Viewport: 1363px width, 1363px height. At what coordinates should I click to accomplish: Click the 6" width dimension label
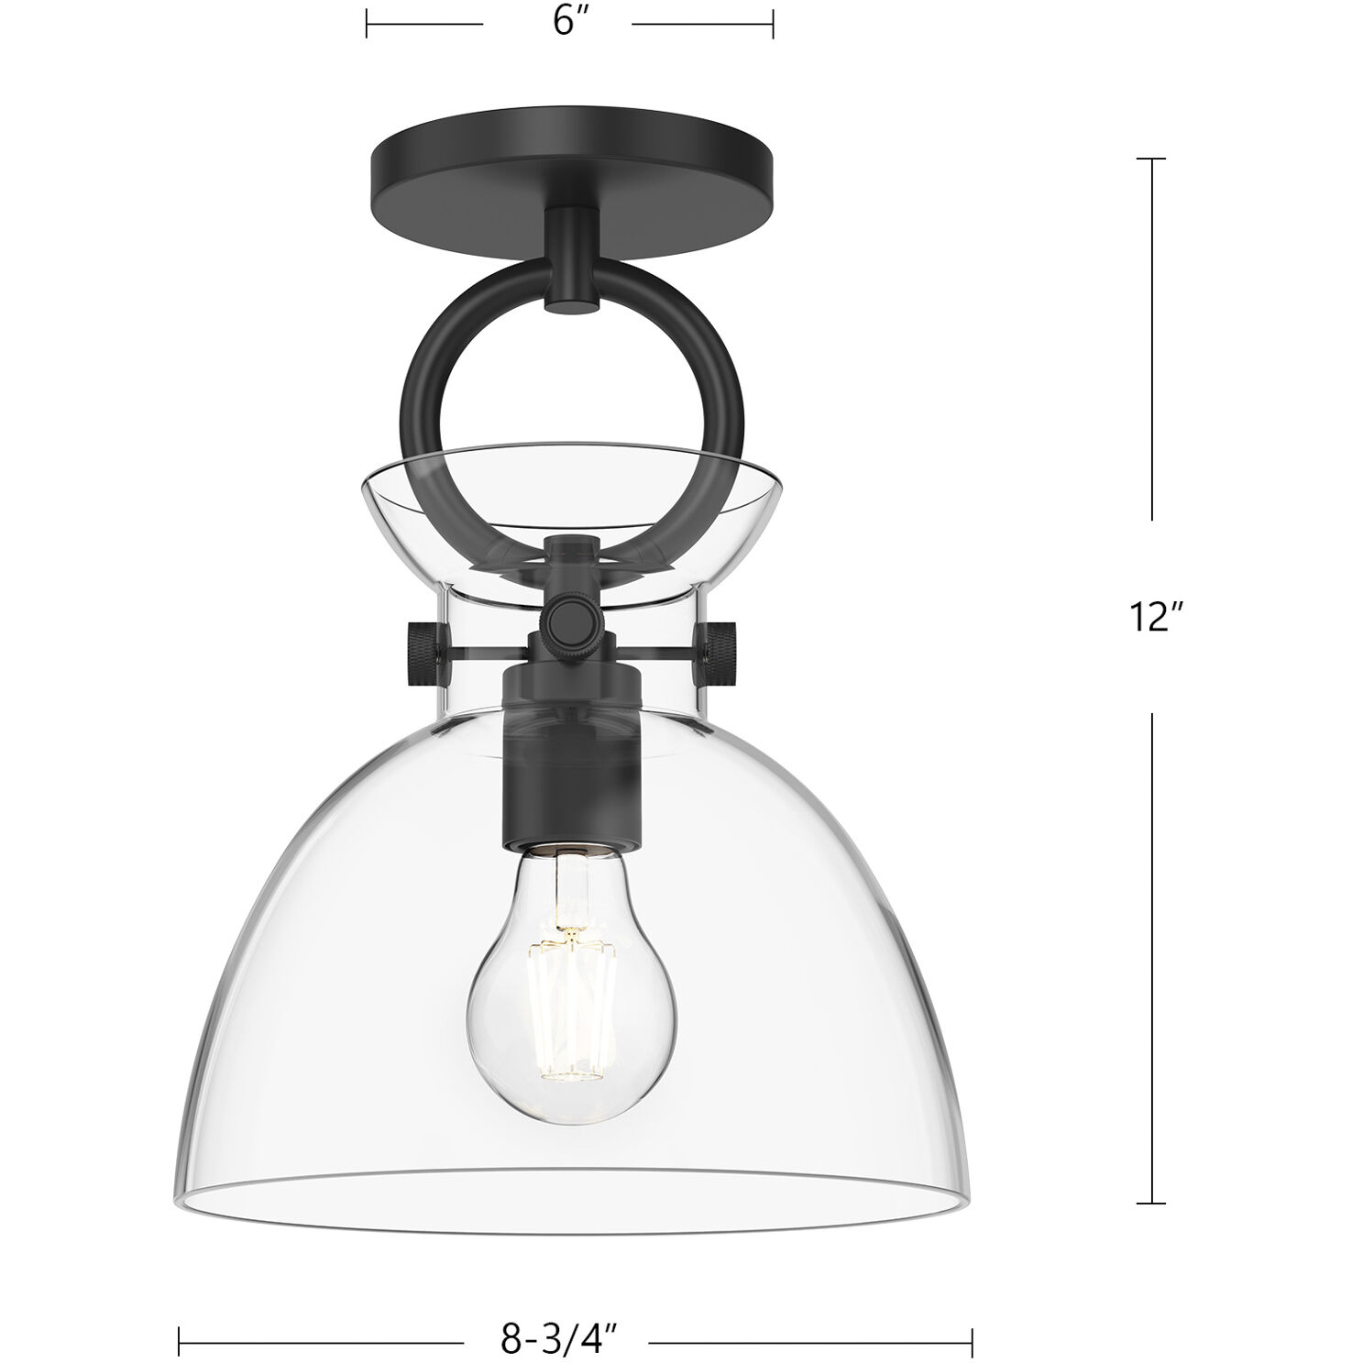[569, 22]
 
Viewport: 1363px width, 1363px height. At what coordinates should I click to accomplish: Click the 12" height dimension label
[1150, 617]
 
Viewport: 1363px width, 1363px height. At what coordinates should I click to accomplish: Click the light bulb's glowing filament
[569, 999]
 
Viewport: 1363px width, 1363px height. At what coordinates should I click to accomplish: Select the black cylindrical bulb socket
[569, 752]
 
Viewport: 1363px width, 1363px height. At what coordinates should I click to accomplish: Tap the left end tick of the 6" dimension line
[367, 23]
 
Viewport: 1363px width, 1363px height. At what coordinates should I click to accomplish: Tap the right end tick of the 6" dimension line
[774, 23]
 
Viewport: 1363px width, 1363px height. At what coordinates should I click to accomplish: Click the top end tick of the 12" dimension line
[1151, 159]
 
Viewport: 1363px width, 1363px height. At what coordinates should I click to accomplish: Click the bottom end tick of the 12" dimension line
[1151, 1203]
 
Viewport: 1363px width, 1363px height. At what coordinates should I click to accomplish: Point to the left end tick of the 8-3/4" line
[179, 1344]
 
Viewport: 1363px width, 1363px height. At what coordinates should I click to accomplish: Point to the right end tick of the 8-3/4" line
[972, 1344]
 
